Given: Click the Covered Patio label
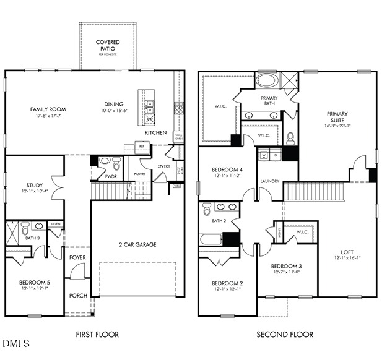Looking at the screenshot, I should point(107,46).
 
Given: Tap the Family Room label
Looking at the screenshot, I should point(48,109).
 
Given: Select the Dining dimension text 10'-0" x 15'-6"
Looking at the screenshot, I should point(113,111).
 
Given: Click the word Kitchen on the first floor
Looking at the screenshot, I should point(155,133).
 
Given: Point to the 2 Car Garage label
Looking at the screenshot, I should point(137,244).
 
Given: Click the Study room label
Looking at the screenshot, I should point(34,185).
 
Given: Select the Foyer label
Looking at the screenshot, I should point(78,257).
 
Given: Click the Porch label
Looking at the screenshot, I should point(78,296).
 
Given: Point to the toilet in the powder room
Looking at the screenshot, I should point(105,163).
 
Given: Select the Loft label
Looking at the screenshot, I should point(347,252).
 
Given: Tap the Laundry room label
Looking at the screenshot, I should point(270,181).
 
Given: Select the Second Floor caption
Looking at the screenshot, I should point(285,335).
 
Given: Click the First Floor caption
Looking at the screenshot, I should point(97,335).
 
